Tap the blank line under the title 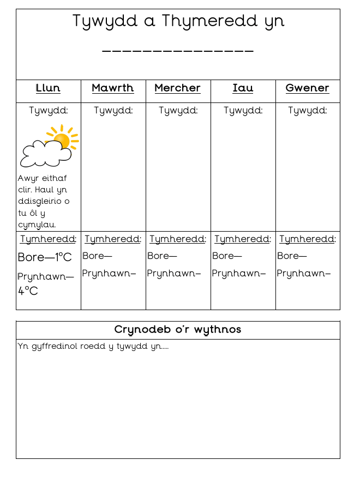pyautogui.click(x=178, y=52)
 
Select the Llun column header pyautogui.click(x=48, y=88)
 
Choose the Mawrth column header pyautogui.click(x=113, y=88)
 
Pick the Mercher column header pyautogui.click(x=178, y=88)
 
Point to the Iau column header pyautogui.click(x=243, y=88)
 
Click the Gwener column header pyautogui.click(x=308, y=88)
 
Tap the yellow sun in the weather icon pyautogui.click(x=62, y=140)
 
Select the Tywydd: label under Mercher pyautogui.click(x=178, y=111)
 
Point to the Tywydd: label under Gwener pyautogui.click(x=308, y=111)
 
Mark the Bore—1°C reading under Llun pyautogui.click(x=45, y=257)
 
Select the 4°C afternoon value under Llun pyautogui.click(x=28, y=291)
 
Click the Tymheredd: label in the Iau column pyautogui.click(x=243, y=239)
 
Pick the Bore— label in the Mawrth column pyautogui.click(x=97, y=256)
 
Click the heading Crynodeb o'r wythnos pyautogui.click(x=178, y=330)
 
